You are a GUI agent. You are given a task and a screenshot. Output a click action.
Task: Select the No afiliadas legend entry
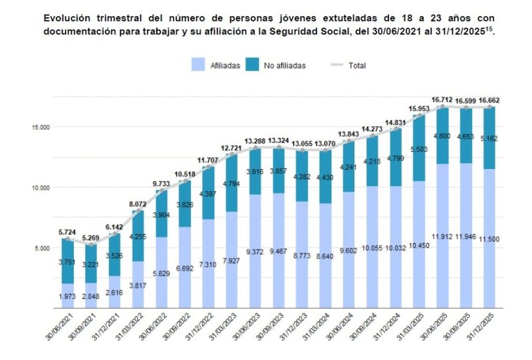[279, 65]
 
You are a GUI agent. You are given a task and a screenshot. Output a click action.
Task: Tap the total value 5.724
[68, 232]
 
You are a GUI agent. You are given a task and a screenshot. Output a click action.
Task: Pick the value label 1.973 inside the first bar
[68, 295]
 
